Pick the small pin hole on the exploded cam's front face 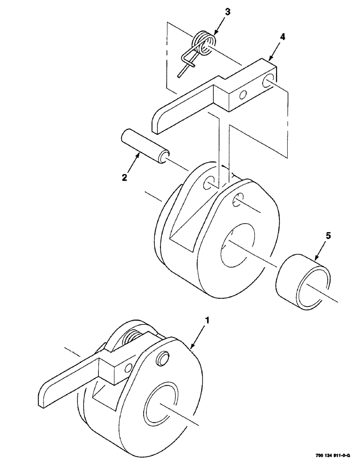pos(237,199)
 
